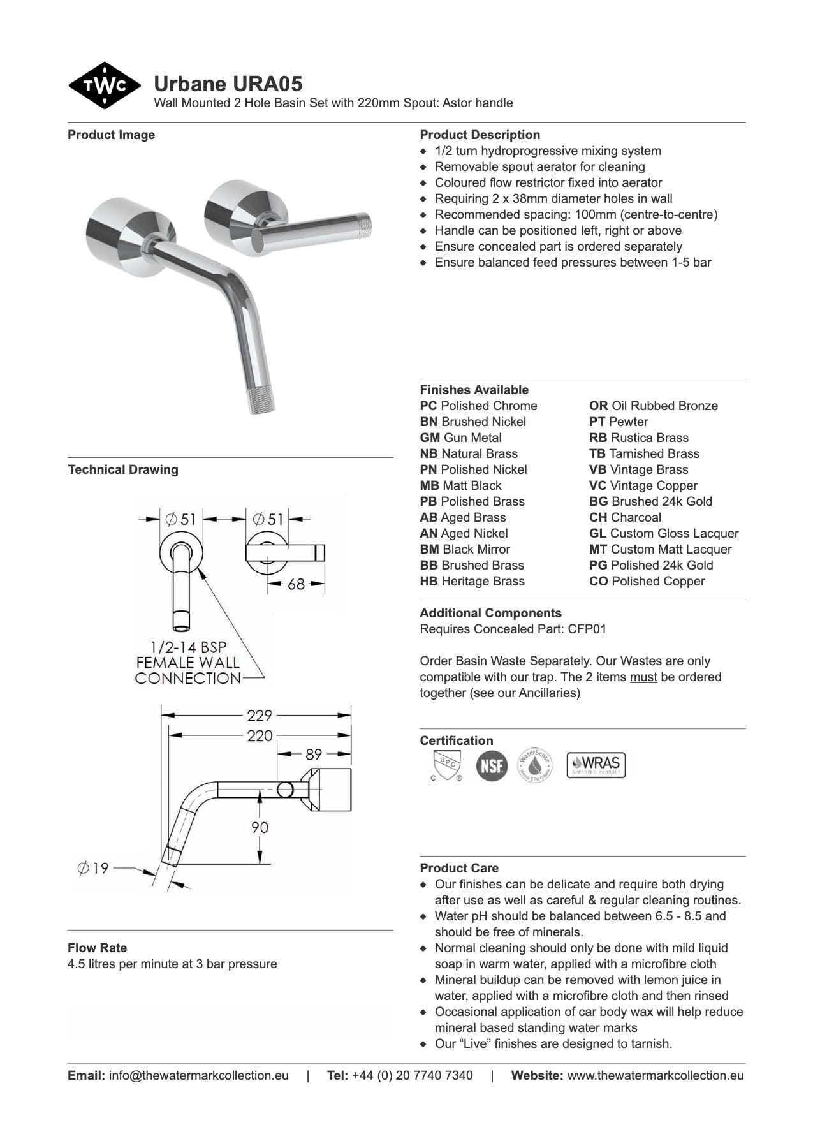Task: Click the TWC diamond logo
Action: [104, 85]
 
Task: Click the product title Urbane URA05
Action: [228, 84]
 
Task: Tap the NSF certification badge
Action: [492, 765]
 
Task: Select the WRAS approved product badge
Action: [596, 764]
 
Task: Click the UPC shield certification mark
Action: [444, 765]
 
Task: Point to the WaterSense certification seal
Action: [534, 765]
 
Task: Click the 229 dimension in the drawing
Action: [260, 716]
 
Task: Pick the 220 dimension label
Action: [260, 735]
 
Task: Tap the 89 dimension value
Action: [314, 755]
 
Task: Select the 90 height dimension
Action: [260, 827]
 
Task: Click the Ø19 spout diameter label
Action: [93, 868]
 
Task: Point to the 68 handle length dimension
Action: [297, 584]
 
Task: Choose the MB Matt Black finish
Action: [460, 485]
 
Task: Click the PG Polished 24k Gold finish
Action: [650, 565]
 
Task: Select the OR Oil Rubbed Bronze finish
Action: [653, 406]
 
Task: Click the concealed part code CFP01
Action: [587, 629]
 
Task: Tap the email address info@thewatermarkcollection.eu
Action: [198, 1075]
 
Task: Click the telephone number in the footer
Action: [412, 1075]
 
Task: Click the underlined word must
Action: [643, 677]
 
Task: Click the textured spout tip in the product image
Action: [261, 399]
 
